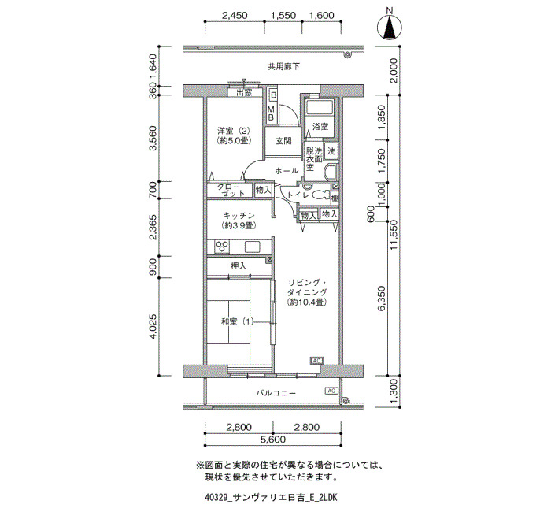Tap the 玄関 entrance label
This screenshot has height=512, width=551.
coord(283,141)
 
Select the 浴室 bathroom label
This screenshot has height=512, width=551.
coord(320,126)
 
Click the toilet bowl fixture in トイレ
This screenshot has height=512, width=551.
coord(319,195)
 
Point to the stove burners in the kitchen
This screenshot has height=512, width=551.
coord(222,247)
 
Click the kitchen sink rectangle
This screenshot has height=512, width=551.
coord(253,247)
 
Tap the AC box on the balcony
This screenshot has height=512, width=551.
coord(331,391)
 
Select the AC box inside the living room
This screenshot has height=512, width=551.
coord(316,361)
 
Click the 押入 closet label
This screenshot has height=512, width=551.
coord(239,266)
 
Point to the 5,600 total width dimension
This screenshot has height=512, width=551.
coord(273,440)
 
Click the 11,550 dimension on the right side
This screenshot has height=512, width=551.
coord(394,235)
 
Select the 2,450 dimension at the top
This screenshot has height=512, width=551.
coord(235,16)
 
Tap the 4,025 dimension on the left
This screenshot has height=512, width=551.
coord(153,326)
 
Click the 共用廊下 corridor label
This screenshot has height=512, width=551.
coord(284,66)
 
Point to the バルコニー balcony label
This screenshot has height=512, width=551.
coord(275,393)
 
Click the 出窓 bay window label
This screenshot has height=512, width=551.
coord(244,92)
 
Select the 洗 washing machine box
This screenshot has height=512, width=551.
coord(331,151)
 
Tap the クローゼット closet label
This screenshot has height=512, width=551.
coord(231,190)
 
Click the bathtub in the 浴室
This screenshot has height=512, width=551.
coord(320,107)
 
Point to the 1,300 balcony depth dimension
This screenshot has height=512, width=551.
coord(394,391)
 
